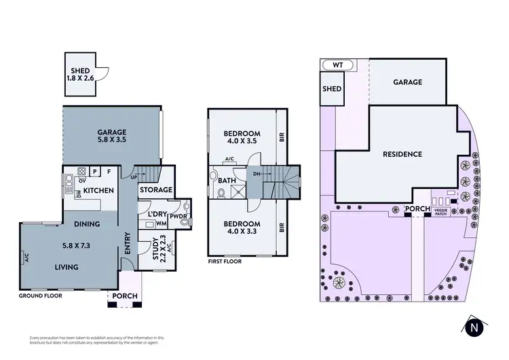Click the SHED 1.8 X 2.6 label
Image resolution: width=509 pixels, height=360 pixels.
(x=80, y=74)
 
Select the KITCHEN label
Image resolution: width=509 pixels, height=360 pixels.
(x=98, y=191)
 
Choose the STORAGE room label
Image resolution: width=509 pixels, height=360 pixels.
(x=155, y=190)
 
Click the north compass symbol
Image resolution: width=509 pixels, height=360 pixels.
(x=475, y=327)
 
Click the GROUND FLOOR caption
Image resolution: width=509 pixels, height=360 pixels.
(x=42, y=297)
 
